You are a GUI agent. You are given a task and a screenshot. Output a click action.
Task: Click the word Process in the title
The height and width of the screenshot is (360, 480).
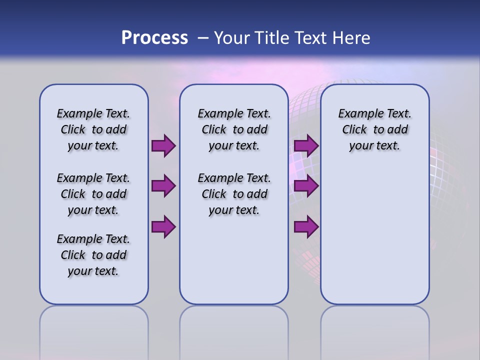click(154, 38)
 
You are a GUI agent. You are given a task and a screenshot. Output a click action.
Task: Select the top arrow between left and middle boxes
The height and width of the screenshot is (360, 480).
click(163, 146)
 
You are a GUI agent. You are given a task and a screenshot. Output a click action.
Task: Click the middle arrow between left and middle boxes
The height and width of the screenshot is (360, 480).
click(163, 186)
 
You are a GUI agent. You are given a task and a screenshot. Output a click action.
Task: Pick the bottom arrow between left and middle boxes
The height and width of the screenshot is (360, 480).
click(163, 226)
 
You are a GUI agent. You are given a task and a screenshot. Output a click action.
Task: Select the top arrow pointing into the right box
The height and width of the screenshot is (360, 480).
click(306, 146)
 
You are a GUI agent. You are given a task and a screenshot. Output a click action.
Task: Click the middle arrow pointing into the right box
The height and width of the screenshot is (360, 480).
click(306, 186)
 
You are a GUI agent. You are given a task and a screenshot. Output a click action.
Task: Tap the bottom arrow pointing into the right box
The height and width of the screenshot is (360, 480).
click(306, 226)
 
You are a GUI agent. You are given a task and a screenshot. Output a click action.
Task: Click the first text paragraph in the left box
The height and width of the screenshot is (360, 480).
click(93, 129)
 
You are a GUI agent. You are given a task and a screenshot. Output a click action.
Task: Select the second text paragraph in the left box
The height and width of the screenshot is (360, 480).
click(93, 194)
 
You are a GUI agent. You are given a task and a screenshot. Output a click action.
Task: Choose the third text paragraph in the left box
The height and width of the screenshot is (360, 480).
click(93, 255)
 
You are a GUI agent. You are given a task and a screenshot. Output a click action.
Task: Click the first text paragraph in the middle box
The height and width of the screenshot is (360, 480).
click(234, 129)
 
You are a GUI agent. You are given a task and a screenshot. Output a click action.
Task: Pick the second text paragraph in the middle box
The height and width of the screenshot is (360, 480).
click(234, 194)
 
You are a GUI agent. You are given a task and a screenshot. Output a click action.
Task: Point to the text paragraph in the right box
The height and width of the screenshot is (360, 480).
click(374, 129)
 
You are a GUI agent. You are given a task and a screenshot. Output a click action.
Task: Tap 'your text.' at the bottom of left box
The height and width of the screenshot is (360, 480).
click(93, 271)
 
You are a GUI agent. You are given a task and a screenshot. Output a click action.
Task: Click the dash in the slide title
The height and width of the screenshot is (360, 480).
click(203, 38)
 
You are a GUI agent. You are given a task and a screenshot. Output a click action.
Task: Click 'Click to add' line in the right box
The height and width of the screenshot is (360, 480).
click(374, 130)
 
